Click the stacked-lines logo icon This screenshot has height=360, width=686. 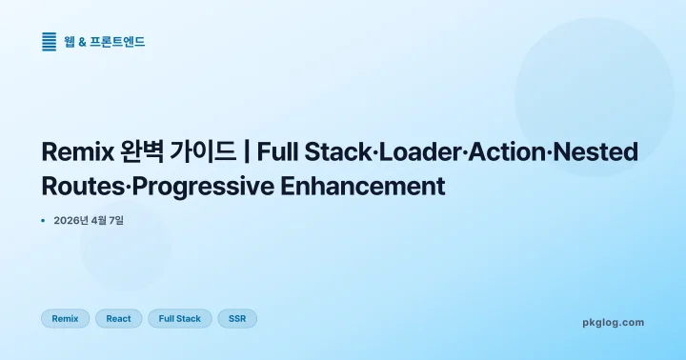coord(50,41)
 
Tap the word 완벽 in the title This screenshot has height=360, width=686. coord(144,152)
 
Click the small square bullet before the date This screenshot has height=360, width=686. coord(44,220)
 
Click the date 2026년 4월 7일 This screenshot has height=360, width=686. coord(89,220)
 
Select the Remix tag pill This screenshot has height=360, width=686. coord(66,318)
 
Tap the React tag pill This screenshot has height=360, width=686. coord(119,318)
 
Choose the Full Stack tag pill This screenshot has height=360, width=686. coord(180,318)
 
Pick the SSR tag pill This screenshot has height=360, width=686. coord(237,318)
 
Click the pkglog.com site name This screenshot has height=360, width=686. coord(613,322)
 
